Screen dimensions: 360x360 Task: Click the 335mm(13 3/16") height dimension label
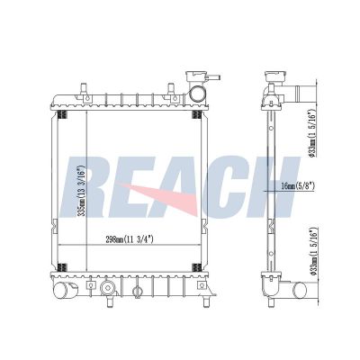point(82,191)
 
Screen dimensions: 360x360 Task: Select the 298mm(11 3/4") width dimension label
point(130,239)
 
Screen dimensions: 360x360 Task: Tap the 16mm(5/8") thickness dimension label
point(298,186)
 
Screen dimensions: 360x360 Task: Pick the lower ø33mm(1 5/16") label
point(313,251)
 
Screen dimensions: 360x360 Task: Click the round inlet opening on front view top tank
point(198,93)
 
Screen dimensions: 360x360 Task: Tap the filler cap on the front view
point(196,76)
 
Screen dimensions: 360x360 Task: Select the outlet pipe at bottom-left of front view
point(64,290)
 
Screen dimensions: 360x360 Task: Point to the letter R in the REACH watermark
point(85,186)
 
